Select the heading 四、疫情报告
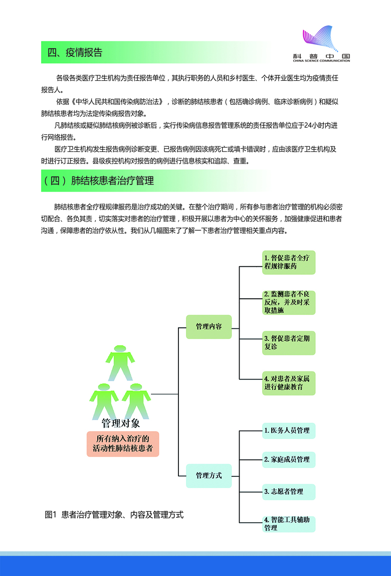pyautogui.click(x=75, y=52)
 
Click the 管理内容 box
pyautogui.click(x=209, y=326)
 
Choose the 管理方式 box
pyautogui.click(x=209, y=475)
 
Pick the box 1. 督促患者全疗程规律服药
pyautogui.click(x=289, y=262)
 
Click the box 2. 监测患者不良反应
pyautogui.click(x=289, y=302)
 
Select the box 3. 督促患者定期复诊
pyautogui.click(x=289, y=343)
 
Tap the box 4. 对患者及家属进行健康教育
pyautogui.click(x=289, y=383)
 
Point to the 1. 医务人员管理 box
pyautogui.click(x=289, y=431)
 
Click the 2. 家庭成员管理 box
pyautogui.click(x=289, y=459)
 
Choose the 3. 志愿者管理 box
pyautogui.click(x=289, y=492)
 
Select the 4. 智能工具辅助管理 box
pyautogui.click(x=289, y=524)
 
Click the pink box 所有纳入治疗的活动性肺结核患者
pyautogui.click(x=123, y=444)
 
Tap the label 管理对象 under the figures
pyautogui.click(x=121, y=424)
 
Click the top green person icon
pyautogui.click(x=120, y=362)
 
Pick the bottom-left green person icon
pyautogui.click(x=104, y=401)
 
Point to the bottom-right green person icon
pyautogui.click(x=136, y=401)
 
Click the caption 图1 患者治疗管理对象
pyautogui.click(x=114, y=514)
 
